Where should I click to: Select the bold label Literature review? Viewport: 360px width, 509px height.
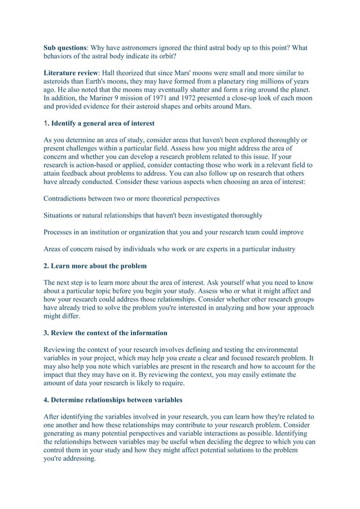point(76,73)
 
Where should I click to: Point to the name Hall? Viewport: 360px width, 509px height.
point(120,73)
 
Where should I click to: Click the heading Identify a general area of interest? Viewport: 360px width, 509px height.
point(102,123)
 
